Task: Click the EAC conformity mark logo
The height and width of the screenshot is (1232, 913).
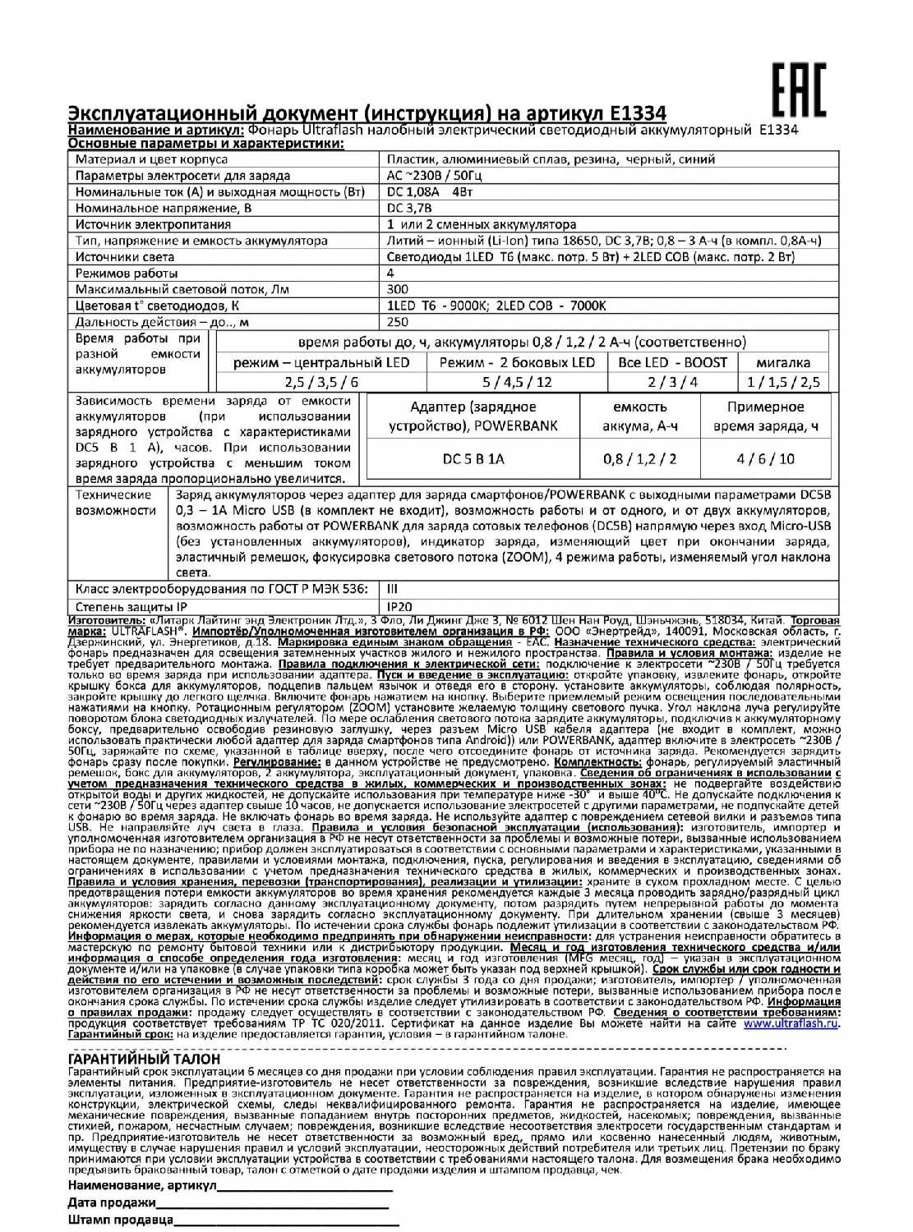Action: (799, 90)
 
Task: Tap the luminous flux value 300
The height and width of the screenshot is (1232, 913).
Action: (397, 289)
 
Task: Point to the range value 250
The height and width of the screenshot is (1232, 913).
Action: (397, 322)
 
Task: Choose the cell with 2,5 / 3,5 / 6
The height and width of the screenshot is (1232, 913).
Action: (321, 382)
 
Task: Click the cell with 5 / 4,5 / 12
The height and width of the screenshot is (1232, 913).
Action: (518, 382)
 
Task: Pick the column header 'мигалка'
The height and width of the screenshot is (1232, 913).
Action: (783, 362)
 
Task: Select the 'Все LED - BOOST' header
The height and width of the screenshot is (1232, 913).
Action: (673, 362)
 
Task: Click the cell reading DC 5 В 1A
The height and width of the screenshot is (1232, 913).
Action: (473, 458)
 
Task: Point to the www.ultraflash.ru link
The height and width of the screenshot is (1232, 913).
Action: (791, 1024)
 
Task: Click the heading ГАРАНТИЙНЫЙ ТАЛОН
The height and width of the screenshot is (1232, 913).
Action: (145, 1059)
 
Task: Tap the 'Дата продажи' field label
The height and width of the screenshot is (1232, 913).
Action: (112, 1202)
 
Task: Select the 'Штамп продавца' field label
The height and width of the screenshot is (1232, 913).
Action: (121, 1220)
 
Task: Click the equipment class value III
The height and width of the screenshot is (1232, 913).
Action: (392, 590)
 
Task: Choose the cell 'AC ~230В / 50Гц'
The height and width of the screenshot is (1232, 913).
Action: (434, 176)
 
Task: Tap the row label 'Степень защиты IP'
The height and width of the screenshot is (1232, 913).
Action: (131, 606)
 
